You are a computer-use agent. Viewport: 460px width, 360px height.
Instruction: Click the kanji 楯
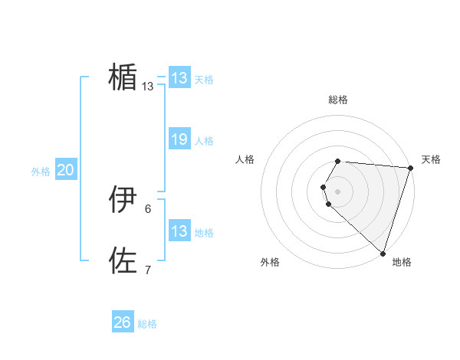(x=123, y=77)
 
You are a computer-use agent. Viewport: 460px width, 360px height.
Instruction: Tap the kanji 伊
(x=123, y=199)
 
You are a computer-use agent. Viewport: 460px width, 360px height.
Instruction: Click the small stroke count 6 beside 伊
(x=148, y=208)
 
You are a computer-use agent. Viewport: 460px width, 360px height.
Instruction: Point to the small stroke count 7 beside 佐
(x=148, y=270)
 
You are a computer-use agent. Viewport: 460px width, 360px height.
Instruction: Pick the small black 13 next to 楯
(x=148, y=87)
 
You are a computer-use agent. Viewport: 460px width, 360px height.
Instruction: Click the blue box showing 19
(x=179, y=139)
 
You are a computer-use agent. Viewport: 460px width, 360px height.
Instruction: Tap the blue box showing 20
(x=65, y=170)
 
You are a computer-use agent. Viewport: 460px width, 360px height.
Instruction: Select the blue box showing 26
(x=123, y=322)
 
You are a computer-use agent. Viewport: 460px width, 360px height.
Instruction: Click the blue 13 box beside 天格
(x=179, y=78)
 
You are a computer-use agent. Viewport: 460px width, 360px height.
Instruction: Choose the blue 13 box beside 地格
(x=179, y=231)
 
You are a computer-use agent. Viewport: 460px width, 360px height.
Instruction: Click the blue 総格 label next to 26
(x=147, y=324)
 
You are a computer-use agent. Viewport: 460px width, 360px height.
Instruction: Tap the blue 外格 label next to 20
(x=41, y=172)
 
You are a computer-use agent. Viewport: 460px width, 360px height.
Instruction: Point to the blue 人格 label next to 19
(x=204, y=141)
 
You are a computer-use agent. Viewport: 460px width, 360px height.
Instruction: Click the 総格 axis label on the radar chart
(x=338, y=100)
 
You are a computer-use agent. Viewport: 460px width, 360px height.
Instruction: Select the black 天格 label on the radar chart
(x=431, y=159)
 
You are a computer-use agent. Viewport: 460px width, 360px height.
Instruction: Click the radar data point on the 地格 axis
(x=383, y=254)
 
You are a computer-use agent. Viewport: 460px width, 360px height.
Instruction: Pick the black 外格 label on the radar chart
(x=270, y=262)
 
